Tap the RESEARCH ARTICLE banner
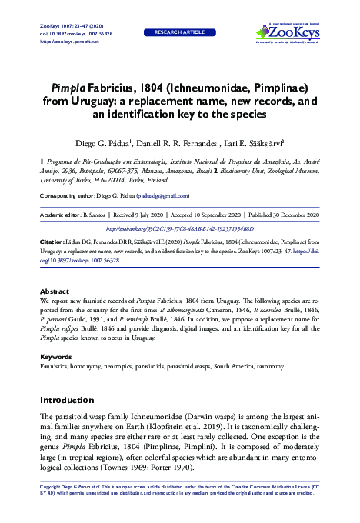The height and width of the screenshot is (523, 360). [x=180, y=33]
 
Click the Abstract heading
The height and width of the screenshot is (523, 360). [x=54, y=291]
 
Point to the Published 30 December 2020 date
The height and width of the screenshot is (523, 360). [x=281, y=215]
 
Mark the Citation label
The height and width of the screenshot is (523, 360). [x=52, y=241]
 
